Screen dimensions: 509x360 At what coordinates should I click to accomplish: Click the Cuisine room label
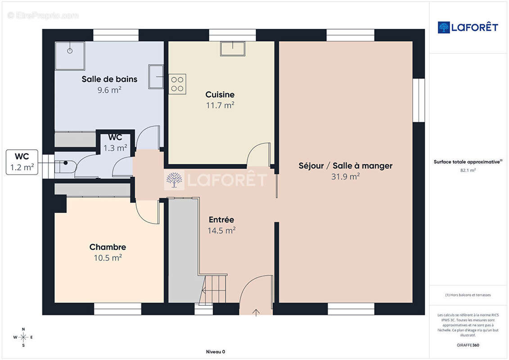(220, 94)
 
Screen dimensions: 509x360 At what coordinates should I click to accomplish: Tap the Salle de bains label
(109, 79)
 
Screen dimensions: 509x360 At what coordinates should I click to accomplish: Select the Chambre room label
(108, 247)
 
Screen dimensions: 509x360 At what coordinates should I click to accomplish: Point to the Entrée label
(221, 220)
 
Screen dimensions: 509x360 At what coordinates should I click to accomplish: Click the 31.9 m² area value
(345, 176)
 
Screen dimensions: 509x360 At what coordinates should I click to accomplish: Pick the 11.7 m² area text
(220, 105)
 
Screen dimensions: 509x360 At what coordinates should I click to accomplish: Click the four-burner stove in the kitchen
(177, 84)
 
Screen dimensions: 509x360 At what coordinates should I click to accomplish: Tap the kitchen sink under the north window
(233, 49)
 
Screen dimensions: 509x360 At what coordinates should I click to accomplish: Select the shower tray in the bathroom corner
(70, 56)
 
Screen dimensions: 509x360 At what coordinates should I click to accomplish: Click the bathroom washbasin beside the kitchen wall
(156, 76)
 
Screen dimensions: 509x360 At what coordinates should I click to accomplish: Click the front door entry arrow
(256, 312)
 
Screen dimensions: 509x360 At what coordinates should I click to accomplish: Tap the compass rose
(23, 337)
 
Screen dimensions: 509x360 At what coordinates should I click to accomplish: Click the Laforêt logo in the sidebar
(468, 27)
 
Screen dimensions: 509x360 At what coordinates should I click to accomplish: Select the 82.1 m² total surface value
(468, 170)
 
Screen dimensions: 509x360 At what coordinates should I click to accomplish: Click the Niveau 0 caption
(216, 351)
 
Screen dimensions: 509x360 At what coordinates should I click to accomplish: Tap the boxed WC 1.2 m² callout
(22, 162)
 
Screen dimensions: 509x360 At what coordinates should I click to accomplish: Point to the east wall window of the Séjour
(419, 100)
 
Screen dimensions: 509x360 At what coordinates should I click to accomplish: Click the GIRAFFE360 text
(468, 345)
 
